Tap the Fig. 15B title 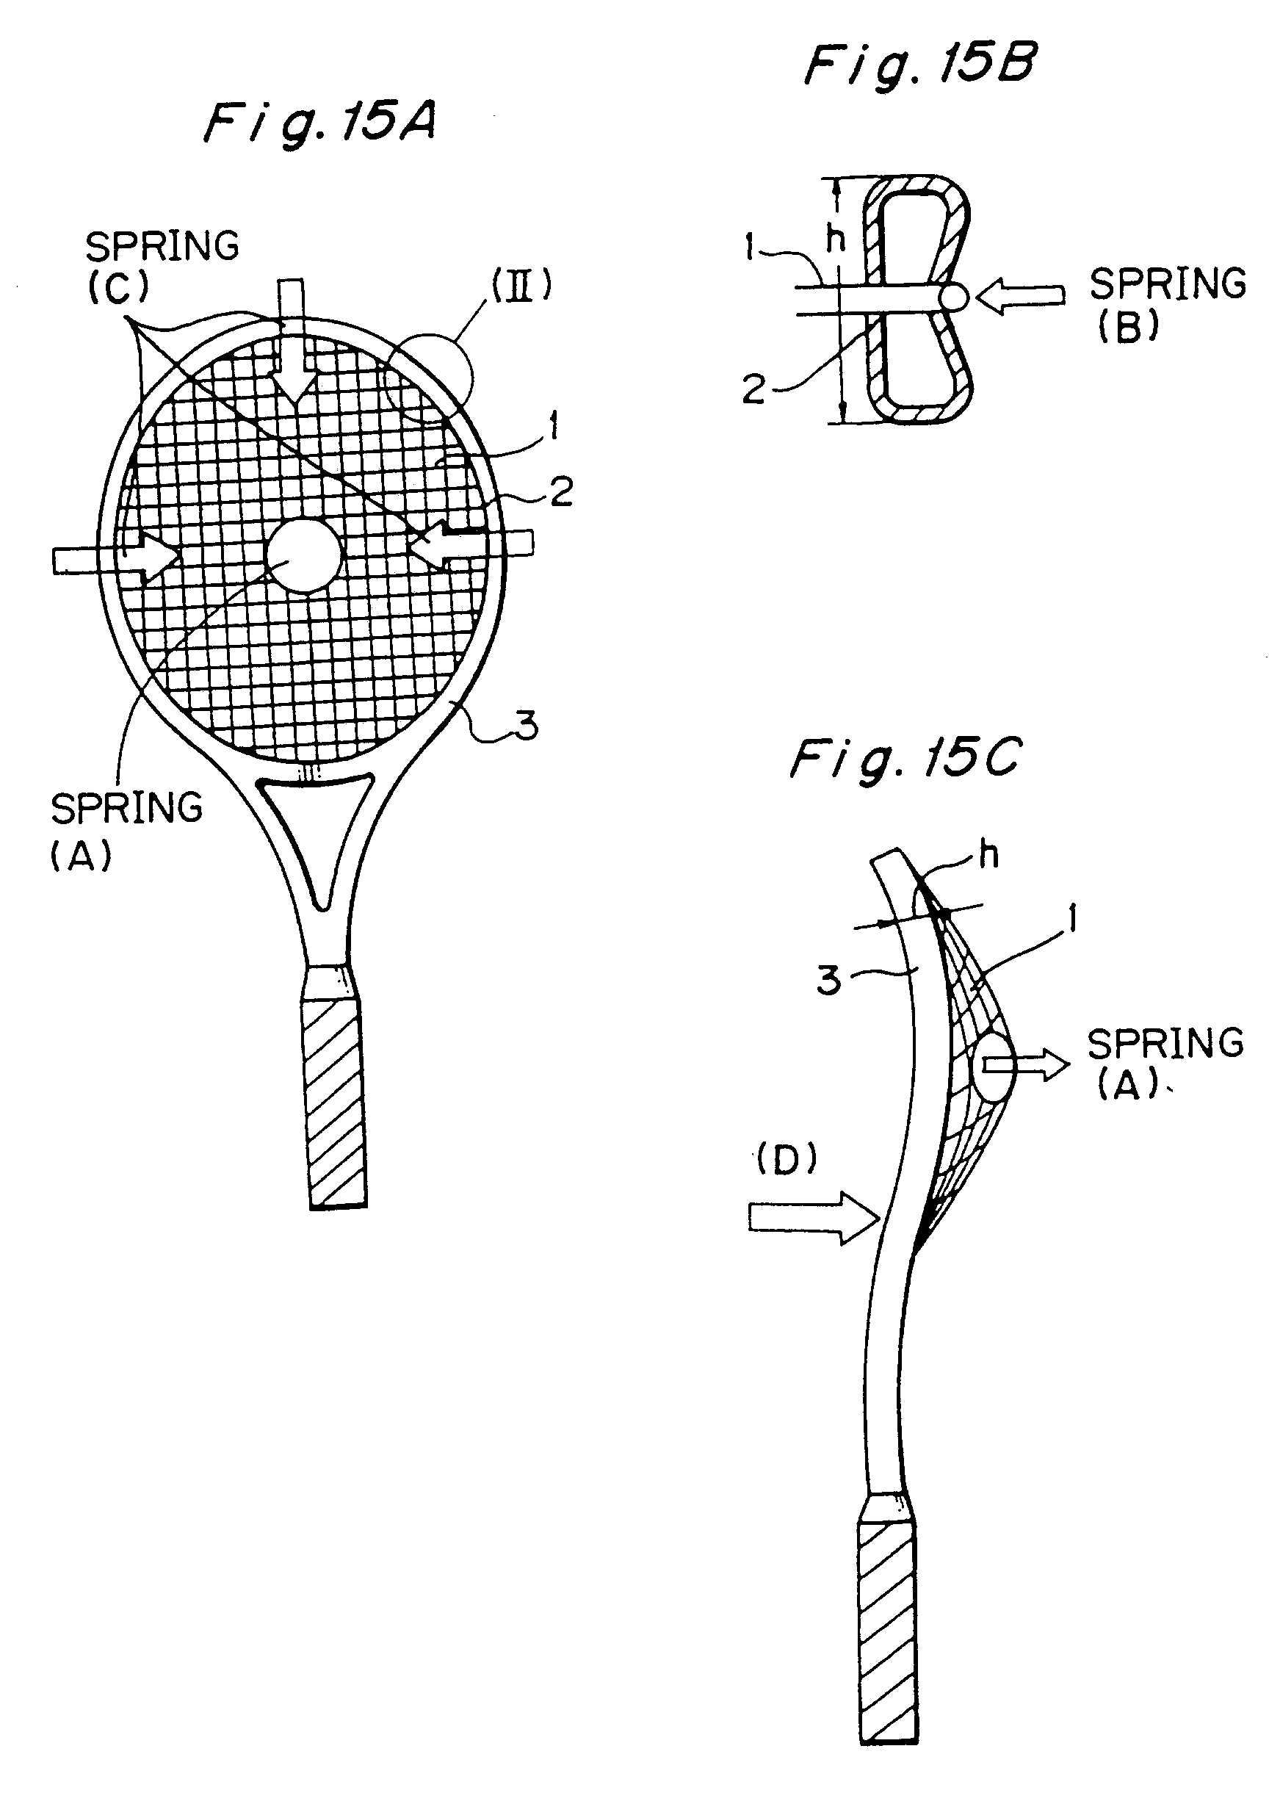[x=920, y=66]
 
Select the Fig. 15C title [x=905, y=760]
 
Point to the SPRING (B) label [x=1166, y=303]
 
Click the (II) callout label [x=521, y=285]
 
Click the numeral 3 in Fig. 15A [x=527, y=724]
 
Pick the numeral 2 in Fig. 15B [x=753, y=389]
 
